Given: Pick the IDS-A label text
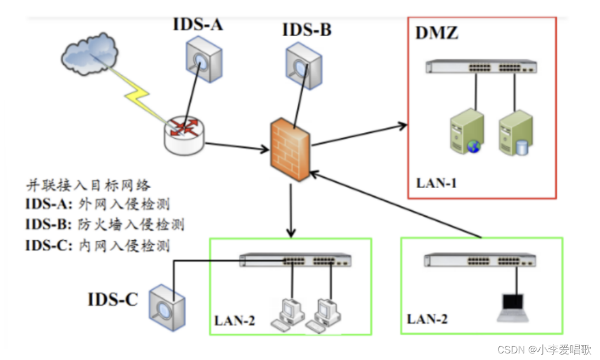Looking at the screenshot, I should pyautogui.click(x=198, y=25).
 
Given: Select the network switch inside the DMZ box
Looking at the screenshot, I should pyautogui.click(x=481, y=67).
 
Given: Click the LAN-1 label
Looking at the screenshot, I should pyautogui.click(x=436, y=183).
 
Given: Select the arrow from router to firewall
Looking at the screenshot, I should pyautogui.click(x=233, y=146).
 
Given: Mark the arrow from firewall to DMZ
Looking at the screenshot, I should pyautogui.click(x=359, y=134).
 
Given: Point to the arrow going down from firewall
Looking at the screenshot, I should pyautogui.click(x=291, y=209).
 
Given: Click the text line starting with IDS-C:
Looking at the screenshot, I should pyautogui.click(x=97, y=245).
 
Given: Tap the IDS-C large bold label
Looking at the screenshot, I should pyautogui.click(x=113, y=299).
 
